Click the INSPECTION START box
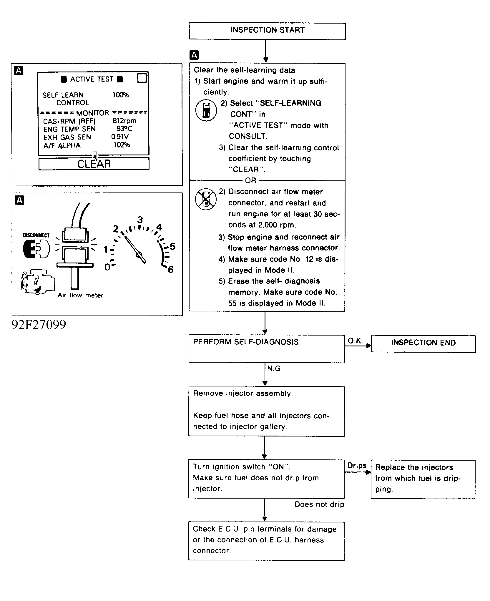coord(267,31)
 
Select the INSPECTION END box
coord(423,343)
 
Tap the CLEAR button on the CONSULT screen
coord(94,164)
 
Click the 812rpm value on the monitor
coord(124,121)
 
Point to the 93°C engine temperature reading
coord(124,129)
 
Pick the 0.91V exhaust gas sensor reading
coord(120,137)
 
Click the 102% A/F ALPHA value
coord(122,145)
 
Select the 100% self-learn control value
coord(120,95)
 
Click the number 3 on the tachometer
coord(140,220)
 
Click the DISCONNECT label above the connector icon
coord(36,235)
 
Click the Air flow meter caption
coord(80,295)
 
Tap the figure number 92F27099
coord(39,325)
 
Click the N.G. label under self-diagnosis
coord(275,369)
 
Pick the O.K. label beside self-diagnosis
coord(355,341)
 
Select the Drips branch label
coord(357,465)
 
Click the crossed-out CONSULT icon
coord(206,199)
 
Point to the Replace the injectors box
coord(423,479)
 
